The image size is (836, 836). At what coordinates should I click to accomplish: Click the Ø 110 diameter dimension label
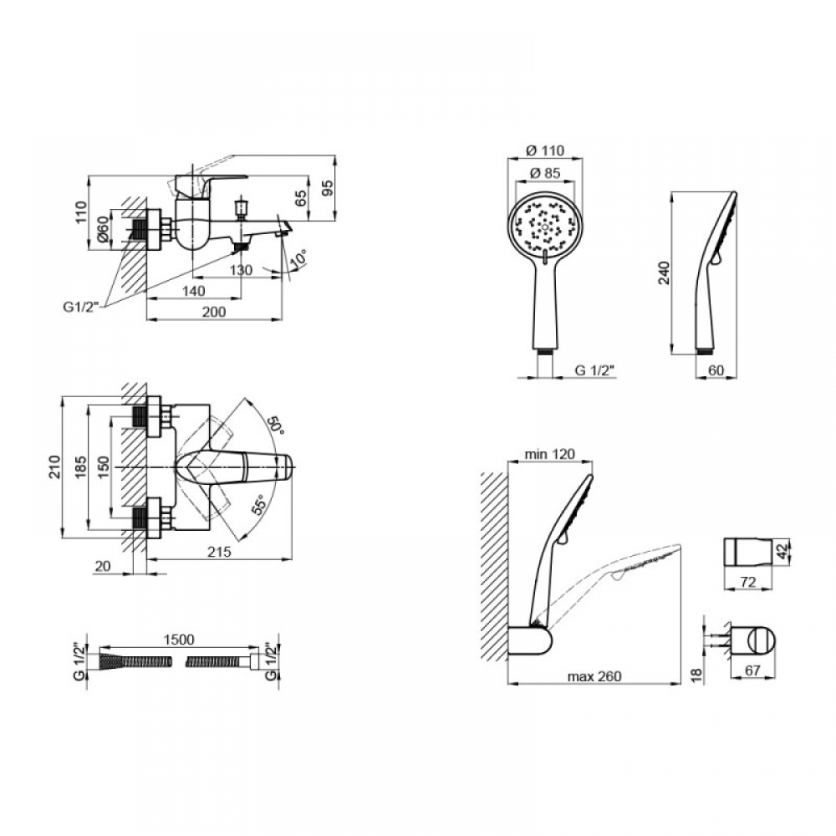(x=544, y=150)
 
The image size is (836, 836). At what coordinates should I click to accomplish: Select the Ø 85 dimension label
(x=544, y=173)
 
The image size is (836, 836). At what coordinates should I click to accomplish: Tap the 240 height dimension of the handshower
(x=663, y=273)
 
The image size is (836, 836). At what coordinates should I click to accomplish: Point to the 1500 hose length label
(x=179, y=640)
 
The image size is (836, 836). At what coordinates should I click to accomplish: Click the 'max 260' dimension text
(x=594, y=676)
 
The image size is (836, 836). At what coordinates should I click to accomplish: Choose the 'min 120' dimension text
(x=550, y=454)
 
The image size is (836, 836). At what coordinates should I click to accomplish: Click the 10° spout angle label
(x=298, y=260)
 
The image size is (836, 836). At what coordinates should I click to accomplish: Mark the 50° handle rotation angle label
(x=275, y=425)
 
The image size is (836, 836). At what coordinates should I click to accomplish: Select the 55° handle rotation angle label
(x=258, y=504)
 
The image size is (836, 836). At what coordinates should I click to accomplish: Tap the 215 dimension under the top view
(x=219, y=551)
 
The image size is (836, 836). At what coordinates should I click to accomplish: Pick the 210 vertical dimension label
(x=55, y=466)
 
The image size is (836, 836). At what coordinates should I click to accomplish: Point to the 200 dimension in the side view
(x=213, y=312)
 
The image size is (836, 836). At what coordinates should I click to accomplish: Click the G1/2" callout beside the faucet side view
(x=81, y=307)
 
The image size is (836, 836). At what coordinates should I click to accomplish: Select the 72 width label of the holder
(x=748, y=582)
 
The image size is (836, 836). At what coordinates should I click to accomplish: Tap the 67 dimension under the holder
(x=752, y=670)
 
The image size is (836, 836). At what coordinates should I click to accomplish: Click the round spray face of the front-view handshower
(x=544, y=225)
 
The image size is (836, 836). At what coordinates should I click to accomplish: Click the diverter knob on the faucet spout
(x=242, y=208)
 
